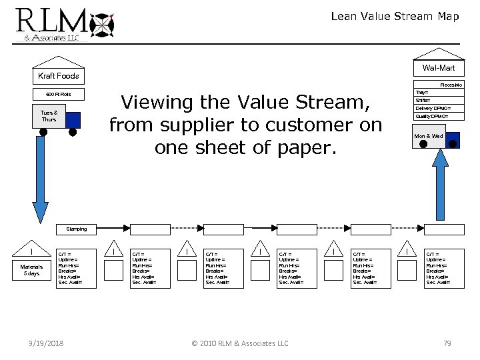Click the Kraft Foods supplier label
pyautogui.click(x=58, y=75)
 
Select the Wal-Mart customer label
pyautogui.click(x=438, y=68)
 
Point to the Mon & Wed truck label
pyautogui.click(x=428, y=136)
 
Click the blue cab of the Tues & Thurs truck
pyautogui.click(x=73, y=119)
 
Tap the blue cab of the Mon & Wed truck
pyautogui.click(x=452, y=139)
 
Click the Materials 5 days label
pyautogui.click(x=33, y=270)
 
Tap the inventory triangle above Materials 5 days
pyautogui.click(x=33, y=252)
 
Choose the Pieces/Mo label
pyautogui.click(x=451, y=85)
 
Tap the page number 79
pyautogui.click(x=447, y=343)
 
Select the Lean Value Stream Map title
pyautogui.click(x=395, y=17)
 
